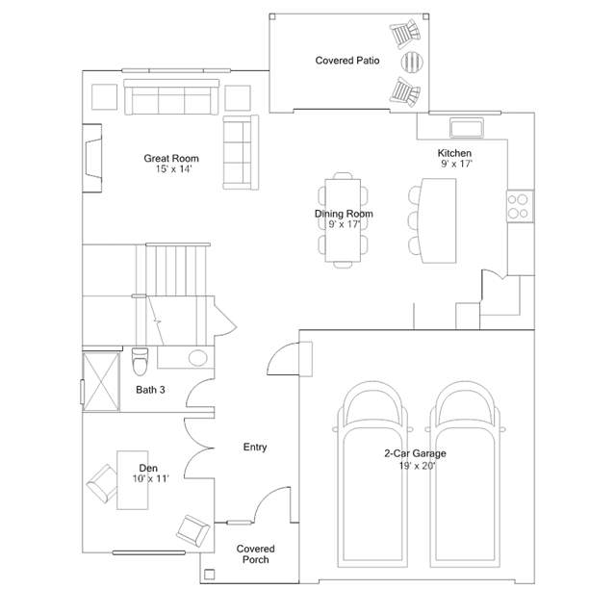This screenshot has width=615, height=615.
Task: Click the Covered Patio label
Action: [347, 61]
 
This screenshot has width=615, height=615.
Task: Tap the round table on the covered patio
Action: [412, 62]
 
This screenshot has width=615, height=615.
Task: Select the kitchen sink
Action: [467, 127]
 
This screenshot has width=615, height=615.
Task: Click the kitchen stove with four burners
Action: [520, 206]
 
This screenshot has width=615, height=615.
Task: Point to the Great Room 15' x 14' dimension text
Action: [173, 169]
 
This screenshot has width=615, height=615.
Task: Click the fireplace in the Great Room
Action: [92, 158]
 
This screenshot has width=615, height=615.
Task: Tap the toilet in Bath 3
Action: [140, 361]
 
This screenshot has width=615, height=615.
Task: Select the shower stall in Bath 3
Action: [101, 382]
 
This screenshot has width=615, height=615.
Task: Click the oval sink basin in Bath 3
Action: [197, 358]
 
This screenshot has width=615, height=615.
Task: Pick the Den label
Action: [148, 468]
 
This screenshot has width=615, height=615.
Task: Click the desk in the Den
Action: [133, 480]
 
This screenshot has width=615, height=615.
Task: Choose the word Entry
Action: [255, 447]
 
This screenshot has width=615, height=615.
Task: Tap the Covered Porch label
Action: [255, 553]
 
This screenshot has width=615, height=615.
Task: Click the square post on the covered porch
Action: [210, 575]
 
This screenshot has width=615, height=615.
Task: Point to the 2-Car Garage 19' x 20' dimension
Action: [417, 466]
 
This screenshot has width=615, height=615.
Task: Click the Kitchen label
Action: [454, 153]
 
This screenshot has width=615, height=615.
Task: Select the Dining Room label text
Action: [344, 214]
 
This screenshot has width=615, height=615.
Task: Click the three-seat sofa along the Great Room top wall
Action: [171, 97]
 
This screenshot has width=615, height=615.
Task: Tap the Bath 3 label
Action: [150, 390]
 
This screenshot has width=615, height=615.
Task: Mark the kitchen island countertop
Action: [438, 220]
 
